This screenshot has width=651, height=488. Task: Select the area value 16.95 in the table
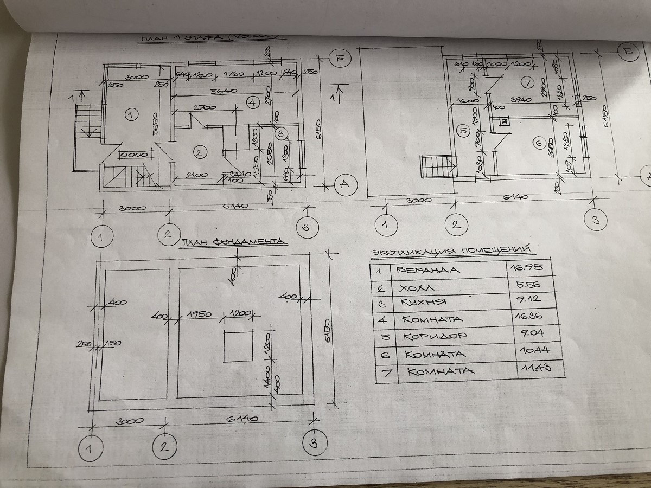[x=524, y=267]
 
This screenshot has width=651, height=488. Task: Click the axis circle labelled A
[x=344, y=185]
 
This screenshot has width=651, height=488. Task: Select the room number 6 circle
[x=538, y=144]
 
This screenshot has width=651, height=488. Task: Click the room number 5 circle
[x=462, y=130]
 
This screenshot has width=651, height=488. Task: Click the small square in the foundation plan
[x=238, y=346]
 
